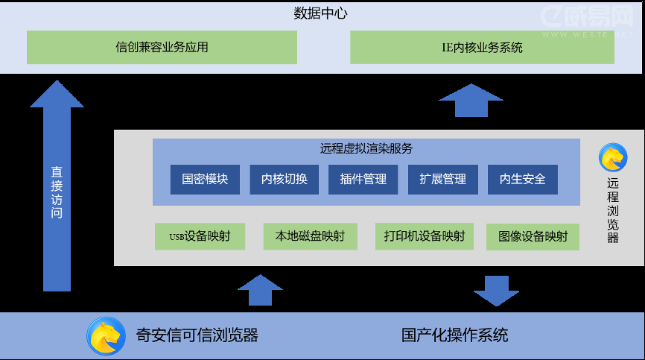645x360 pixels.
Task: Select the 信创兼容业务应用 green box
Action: [162, 47]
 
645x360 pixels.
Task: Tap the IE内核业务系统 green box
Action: [482, 47]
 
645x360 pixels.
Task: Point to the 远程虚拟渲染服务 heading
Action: [366, 148]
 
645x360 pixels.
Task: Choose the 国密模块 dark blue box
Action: [205, 180]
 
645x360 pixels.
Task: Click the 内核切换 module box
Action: [284, 180]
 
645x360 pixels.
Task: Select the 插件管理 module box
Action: [363, 180]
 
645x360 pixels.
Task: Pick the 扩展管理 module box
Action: [442, 180]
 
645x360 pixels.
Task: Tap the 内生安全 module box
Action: [522, 180]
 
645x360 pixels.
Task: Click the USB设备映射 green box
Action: [199, 236]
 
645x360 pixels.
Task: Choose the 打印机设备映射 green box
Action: [425, 236]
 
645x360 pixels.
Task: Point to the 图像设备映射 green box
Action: [533, 236]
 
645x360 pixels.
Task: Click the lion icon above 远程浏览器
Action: [612, 157]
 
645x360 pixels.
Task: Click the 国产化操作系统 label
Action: [454, 335]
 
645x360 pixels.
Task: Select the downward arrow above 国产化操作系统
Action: [496, 290]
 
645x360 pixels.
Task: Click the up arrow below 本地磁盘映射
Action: [260, 290]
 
